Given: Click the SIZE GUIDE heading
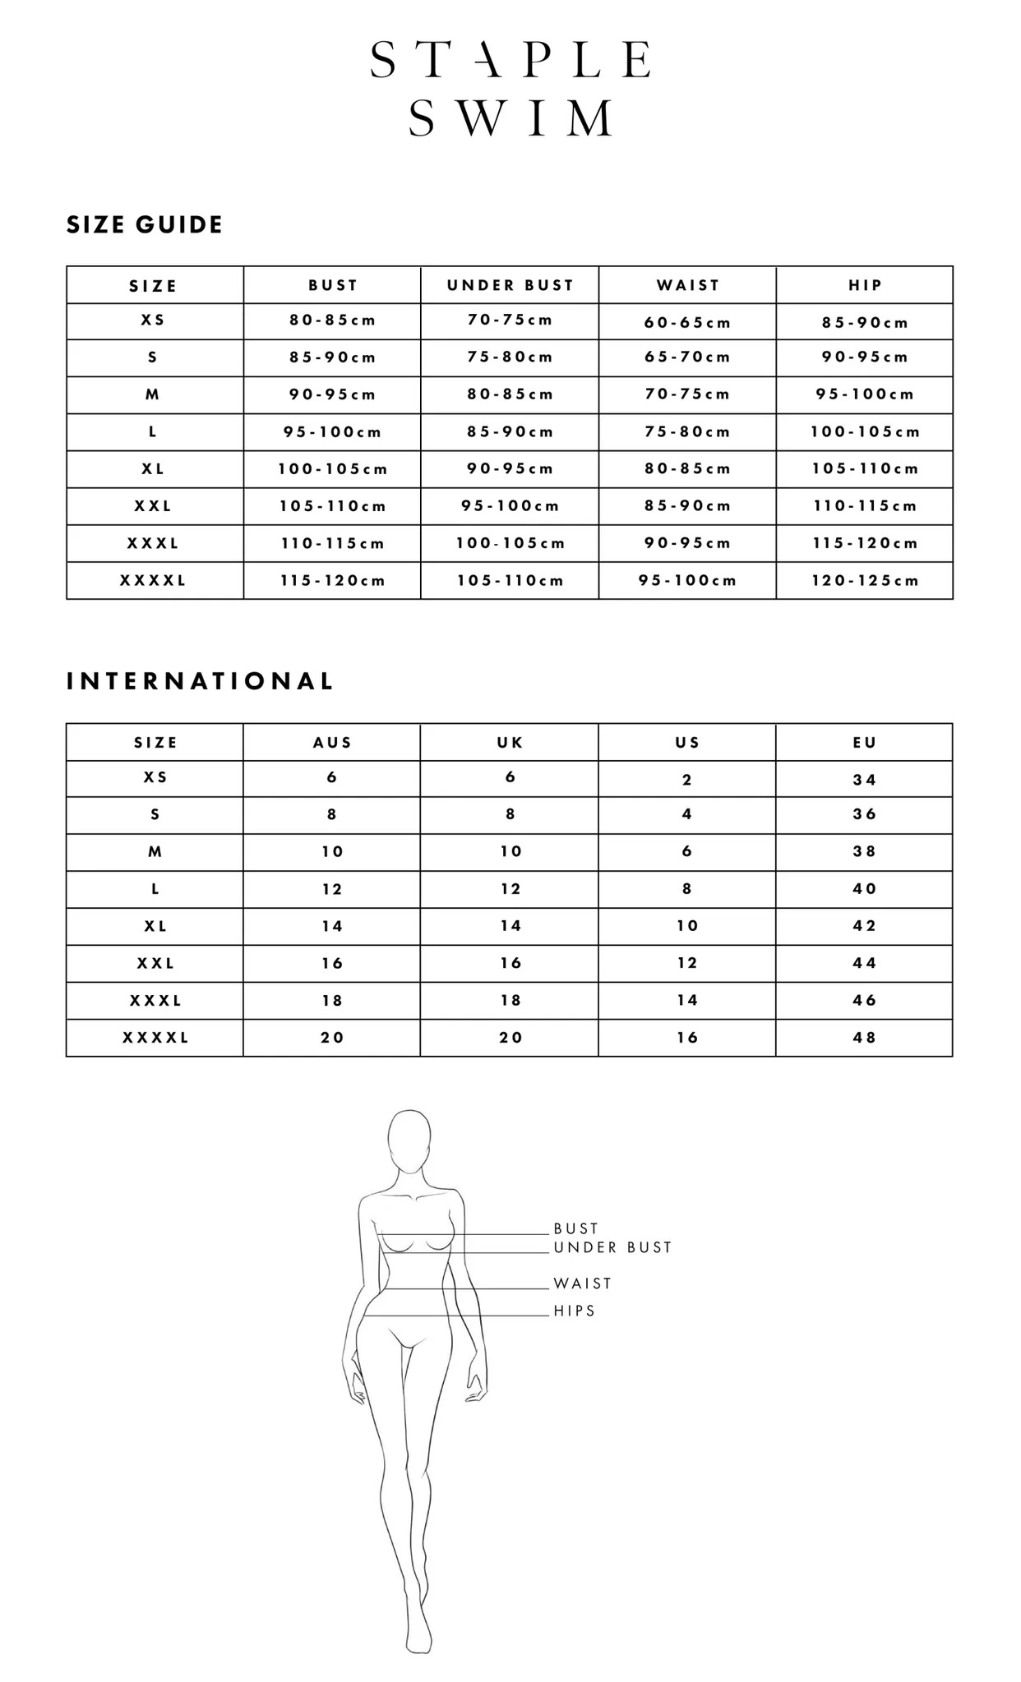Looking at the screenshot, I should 145,225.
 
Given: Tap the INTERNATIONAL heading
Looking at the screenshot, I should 200,681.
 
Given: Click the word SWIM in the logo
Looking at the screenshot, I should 510,118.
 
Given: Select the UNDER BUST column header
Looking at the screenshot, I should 510,285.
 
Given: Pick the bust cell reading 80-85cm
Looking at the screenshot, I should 332,320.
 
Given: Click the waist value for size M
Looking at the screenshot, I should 687,394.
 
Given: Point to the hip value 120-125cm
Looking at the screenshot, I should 865,581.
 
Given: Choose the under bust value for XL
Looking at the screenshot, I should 510,469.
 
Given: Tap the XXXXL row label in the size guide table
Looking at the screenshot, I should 154,581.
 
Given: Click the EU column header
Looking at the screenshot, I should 865,743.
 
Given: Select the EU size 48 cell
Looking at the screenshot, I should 865,1038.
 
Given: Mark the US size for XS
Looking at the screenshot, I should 687,780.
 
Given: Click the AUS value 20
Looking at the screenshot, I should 332,1038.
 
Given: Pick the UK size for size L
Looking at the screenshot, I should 510,889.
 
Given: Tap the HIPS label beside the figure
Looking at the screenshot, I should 575,1311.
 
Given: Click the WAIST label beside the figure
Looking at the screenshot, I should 583,1283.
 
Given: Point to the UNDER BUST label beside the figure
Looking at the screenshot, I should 612,1247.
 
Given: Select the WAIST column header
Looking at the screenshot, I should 687,285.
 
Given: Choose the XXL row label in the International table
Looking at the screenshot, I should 155,963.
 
